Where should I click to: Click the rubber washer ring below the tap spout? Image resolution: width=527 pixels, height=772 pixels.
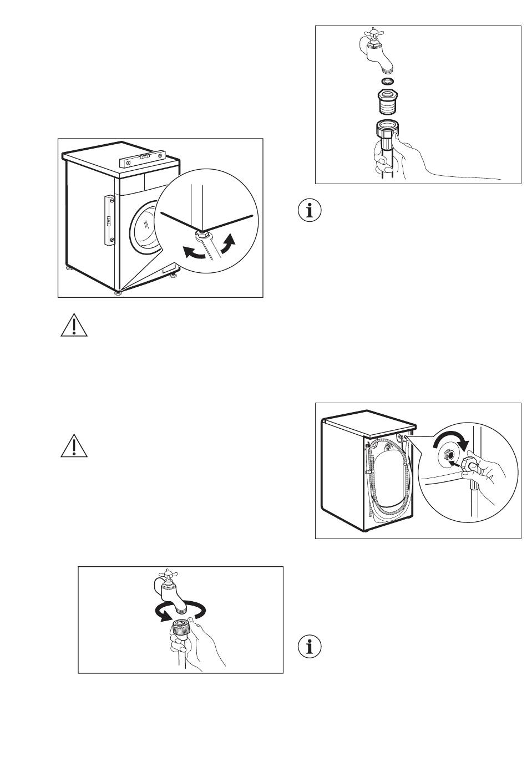(x=387, y=82)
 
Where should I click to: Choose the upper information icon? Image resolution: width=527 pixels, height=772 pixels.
(x=310, y=211)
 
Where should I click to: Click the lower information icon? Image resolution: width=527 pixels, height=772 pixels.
(x=310, y=647)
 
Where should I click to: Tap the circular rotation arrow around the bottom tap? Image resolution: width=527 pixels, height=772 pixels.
(x=180, y=611)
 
